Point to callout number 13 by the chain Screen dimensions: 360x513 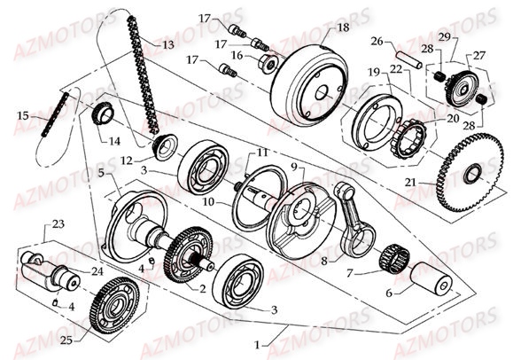point(167,43)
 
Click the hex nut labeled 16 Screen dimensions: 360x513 point(265,64)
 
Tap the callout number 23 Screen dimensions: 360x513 point(58,223)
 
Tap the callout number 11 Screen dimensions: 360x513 point(263,153)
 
